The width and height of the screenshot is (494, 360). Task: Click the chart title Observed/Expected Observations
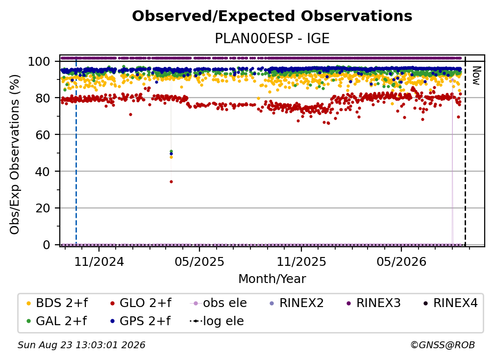click(x=272, y=16)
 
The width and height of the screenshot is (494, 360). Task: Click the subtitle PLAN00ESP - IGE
click(x=272, y=38)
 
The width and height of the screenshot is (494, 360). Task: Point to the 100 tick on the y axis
click(x=39, y=61)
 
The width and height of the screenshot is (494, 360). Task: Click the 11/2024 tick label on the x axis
click(x=99, y=261)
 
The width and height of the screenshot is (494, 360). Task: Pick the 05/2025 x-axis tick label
click(x=199, y=261)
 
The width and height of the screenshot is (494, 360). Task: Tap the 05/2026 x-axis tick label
click(x=401, y=261)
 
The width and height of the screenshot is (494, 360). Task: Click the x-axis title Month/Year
click(x=272, y=279)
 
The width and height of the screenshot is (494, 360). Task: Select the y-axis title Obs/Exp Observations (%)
click(x=15, y=154)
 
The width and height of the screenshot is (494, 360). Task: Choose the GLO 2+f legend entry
click(x=141, y=303)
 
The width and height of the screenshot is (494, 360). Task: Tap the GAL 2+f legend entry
click(x=57, y=321)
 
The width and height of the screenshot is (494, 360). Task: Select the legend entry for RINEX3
click(x=373, y=303)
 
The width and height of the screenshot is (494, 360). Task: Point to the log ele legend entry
click(x=217, y=321)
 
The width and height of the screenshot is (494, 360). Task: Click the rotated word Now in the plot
click(x=476, y=76)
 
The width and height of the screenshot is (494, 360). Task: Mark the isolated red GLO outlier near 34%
click(x=171, y=181)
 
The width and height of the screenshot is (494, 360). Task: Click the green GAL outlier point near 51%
click(x=171, y=152)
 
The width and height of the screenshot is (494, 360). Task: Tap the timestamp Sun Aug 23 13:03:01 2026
click(x=81, y=345)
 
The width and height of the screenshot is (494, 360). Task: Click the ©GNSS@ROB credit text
click(x=443, y=345)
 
